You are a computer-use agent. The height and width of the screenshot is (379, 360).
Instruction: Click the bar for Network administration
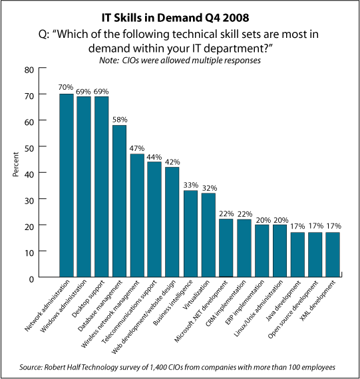pyautogui.click(x=67, y=185)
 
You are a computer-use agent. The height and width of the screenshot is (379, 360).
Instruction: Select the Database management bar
pyautogui.click(x=120, y=201)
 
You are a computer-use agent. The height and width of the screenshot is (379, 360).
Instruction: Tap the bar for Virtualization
pyautogui.click(x=208, y=235)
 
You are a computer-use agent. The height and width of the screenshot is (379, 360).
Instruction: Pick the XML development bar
pyautogui.click(x=333, y=255)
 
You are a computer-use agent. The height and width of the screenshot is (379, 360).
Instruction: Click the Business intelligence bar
pyautogui.click(x=190, y=233)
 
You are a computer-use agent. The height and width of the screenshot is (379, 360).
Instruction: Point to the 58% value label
pyautogui.click(x=120, y=120)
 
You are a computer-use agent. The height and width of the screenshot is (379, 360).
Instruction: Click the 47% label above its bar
pyautogui.click(x=137, y=148)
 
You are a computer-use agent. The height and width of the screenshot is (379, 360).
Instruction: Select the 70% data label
pyautogui.click(x=66, y=87)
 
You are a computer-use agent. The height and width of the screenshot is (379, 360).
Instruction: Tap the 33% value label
pyautogui.click(x=190, y=185)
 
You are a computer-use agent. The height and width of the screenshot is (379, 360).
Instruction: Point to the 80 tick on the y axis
pyautogui.click(x=29, y=70)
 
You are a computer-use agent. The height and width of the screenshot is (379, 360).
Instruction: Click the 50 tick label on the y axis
pyautogui.click(x=29, y=148)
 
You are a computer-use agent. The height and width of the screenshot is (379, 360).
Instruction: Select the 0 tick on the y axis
pyautogui.click(x=31, y=279)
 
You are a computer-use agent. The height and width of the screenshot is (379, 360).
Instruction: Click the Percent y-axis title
pyautogui.click(x=16, y=164)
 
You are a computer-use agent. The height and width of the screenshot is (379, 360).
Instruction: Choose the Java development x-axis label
pyautogui.click(x=283, y=301)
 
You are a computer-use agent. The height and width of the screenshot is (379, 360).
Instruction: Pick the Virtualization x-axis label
pyautogui.click(x=196, y=295)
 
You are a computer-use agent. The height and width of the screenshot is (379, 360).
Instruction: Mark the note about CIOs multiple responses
pyautogui.click(x=180, y=61)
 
